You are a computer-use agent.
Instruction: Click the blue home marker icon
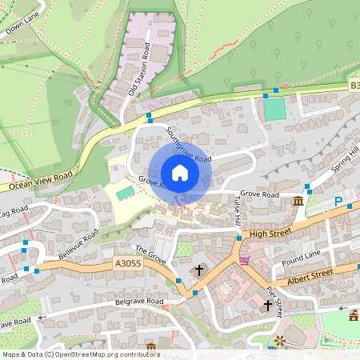click(180, 172)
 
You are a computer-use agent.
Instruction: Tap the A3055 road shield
click(128, 262)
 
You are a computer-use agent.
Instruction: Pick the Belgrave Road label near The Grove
click(137, 302)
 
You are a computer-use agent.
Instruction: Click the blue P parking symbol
click(338, 200)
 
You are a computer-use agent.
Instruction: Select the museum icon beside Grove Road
click(298, 200)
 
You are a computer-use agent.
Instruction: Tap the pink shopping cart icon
click(244, 260)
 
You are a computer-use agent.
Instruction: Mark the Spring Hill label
click(346, 161)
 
